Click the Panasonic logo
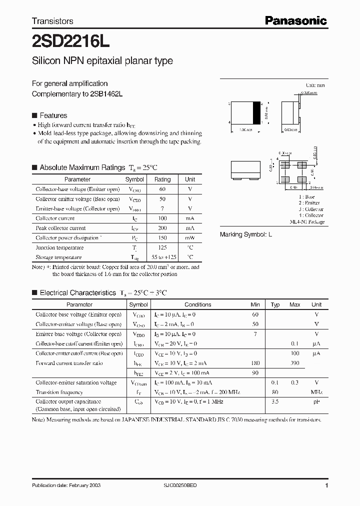click(295, 20)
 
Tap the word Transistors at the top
click(52, 21)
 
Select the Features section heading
click(53, 114)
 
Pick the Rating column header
click(162, 179)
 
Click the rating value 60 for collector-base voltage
click(162, 189)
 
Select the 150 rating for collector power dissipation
click(162, 238)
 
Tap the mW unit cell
click(190, 238)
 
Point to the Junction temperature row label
click(55, 247)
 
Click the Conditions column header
click(197, 304)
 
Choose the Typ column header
click(275, 304)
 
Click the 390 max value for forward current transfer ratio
click(294, 363)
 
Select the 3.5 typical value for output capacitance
click(275, 401)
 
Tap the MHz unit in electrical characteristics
click(316, 392)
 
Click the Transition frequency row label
click(59, 392)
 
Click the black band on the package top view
click(258, 112)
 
